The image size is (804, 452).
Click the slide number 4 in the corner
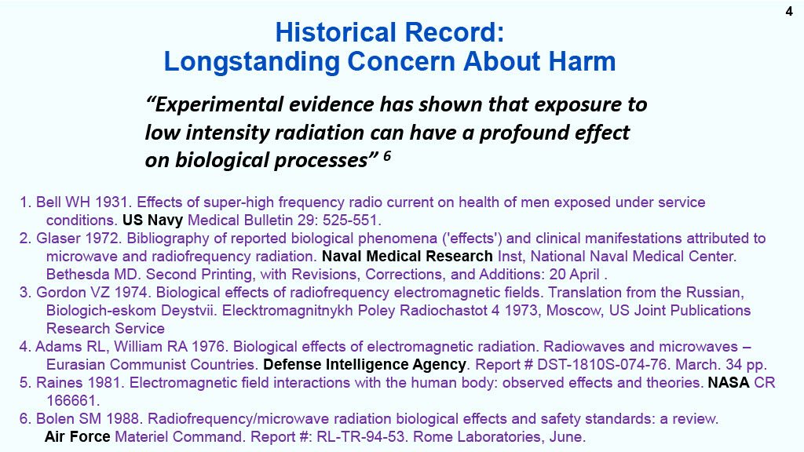coord(789,11)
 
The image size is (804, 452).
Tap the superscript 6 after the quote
coord(387,155)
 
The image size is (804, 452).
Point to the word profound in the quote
coord(520,133)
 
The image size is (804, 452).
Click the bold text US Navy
coord(152,221)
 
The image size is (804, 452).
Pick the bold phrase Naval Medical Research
coord(407,257)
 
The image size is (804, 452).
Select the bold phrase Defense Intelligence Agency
coord(364,365)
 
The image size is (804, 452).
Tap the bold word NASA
coord(729,383)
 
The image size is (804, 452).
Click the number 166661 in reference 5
coord(71,401)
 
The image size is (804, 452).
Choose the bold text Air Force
coord(78,436)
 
